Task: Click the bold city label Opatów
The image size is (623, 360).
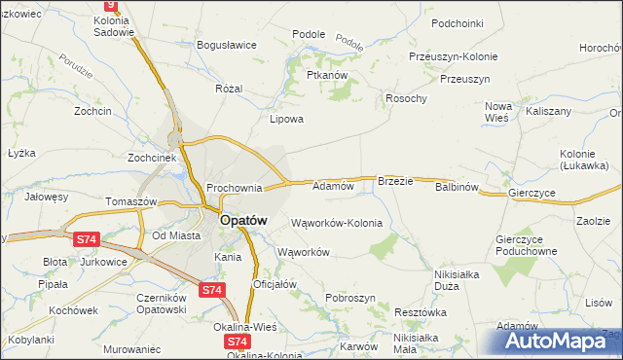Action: [243, 221]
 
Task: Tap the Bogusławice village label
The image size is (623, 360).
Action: [226, 45]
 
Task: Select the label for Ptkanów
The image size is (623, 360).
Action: [327, 74]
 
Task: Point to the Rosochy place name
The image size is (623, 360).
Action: [407, 98]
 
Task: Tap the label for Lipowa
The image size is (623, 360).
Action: [287, 120]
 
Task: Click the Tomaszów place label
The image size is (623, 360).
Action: [131, 200]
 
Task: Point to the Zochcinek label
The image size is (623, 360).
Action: [151, 157]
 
